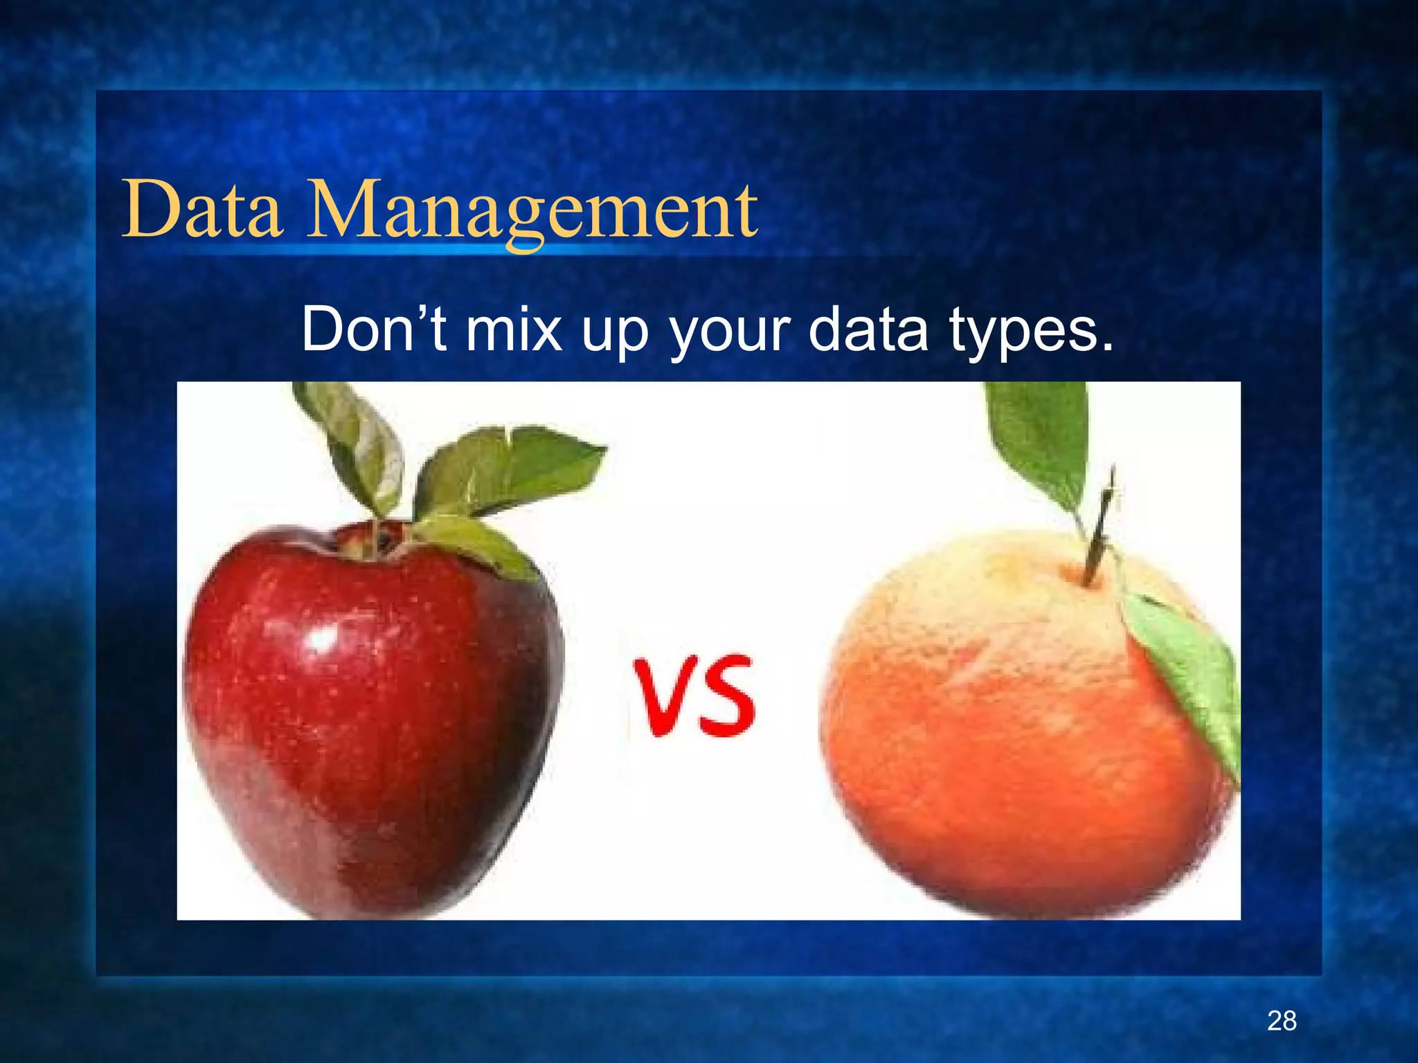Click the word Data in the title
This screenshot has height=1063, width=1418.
pyautogui.click(x=202, y=209)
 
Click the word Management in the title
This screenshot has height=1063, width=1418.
pyautogui.click(x=532, y=210)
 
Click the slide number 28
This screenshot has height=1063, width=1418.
pyautogui.click(x=1282, y=1021)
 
